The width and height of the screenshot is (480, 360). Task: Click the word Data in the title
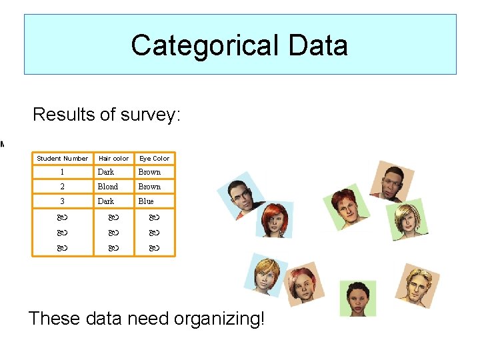tap(318, 45)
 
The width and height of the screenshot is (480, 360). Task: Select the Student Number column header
tap(62, 158)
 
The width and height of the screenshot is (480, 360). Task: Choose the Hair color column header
tap(113, 158)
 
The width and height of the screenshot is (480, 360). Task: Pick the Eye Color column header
tap(154, 158)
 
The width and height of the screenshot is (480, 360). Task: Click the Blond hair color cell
tap(107, 187)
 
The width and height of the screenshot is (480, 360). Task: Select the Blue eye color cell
tap(146, 201)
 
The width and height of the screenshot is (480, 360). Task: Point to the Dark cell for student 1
tap(106, 172)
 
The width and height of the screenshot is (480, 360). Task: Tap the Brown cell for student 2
tap(149, 187)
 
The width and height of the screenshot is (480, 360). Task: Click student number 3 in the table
tap(62, 201)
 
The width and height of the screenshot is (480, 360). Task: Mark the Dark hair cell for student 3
tap(106, 201)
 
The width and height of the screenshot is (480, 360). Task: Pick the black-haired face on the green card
tap(357, 298)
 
